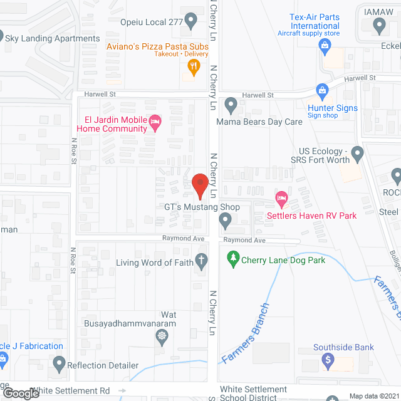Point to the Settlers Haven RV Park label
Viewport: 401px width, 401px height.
pyautogui.click(x=320, y=216)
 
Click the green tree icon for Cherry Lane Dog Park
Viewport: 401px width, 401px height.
pyautogui.click(x=233, y=258)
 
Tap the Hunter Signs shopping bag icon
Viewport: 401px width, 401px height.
pyautogui.click(x=322, y=91)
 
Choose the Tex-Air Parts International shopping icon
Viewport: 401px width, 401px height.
pyautogui.click(x=325, y=44)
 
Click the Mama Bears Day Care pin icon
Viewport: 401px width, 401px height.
pyautogui.click(x=231, y=105)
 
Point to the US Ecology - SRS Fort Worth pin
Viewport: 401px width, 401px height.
pyautogui.click(x=357, y=152)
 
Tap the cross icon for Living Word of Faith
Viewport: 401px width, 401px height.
pyautogui.click(x=202, y=259)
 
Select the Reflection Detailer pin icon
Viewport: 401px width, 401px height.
pyautogui.click(x=60, y=363)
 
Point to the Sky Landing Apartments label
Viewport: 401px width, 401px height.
pyautogui.click(x=52, y=38)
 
